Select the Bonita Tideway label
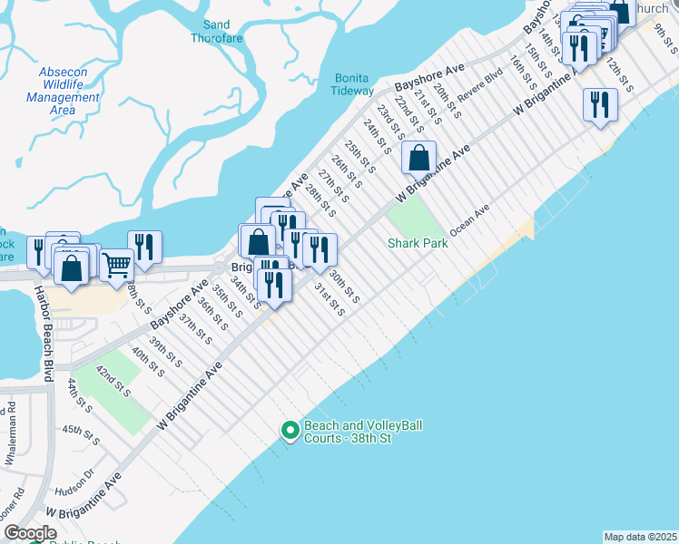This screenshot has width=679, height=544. click(354, 84)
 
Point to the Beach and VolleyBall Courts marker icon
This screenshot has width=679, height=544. click(290, 430)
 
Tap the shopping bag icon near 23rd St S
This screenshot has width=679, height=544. click(419, 157)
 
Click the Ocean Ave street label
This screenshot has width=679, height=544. click(470, 219)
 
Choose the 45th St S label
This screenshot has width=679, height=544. click(81, 432)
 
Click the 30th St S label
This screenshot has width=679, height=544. click(344, 287)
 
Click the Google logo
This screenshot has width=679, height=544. click(30, 533)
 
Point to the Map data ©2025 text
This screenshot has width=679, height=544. click(640, 537)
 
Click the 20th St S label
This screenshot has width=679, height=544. click(447, 102)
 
